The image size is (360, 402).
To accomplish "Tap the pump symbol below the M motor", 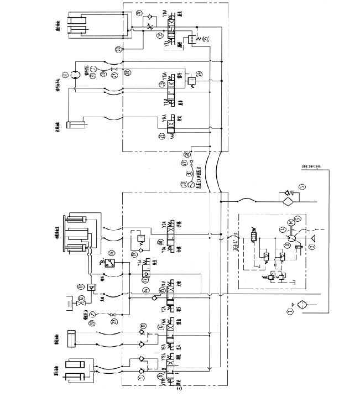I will (x=290, y=237).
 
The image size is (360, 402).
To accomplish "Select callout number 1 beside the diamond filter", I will (x=291, y=313).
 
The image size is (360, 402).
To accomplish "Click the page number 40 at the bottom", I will (x=179, y=388).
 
